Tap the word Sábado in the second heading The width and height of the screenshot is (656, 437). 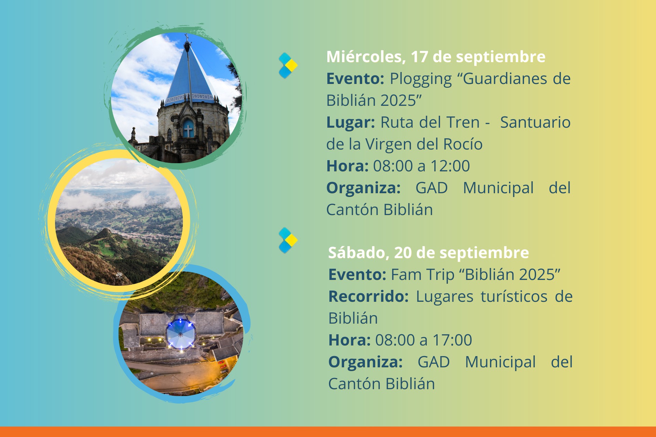click(359, 253)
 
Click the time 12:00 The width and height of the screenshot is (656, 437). click(450, 166)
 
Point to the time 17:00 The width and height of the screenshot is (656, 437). click(452, 340)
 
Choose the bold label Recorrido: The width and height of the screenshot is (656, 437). click(368, 296)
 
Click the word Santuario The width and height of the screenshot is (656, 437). click(535, 122)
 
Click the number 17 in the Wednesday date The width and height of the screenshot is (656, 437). click(419, 57)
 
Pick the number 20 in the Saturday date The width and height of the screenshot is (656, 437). click(403, 253)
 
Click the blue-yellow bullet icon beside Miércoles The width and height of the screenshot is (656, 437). click(288, 65)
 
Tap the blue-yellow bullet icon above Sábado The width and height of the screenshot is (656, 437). click(288, 240)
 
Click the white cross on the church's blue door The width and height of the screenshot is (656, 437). click(188, 130)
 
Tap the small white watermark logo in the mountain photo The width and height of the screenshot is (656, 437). click(119, 275)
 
